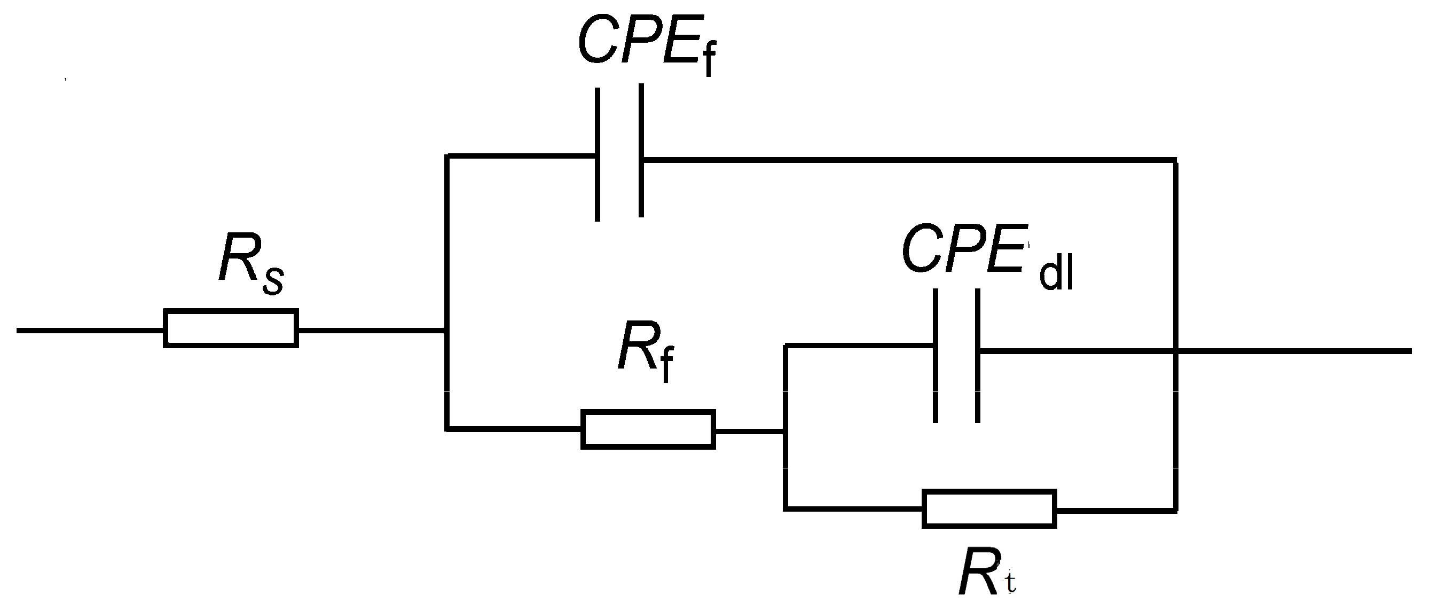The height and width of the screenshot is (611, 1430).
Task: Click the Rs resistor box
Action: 230,329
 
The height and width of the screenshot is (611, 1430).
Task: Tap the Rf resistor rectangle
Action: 648,429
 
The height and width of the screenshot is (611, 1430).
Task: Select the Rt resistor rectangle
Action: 989,509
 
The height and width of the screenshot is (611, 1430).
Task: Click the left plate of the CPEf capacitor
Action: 598,154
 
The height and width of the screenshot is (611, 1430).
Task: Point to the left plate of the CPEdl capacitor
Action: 936,356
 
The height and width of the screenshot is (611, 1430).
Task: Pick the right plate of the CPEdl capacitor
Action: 978,356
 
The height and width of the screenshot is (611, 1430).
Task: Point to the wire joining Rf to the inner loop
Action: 749,430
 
